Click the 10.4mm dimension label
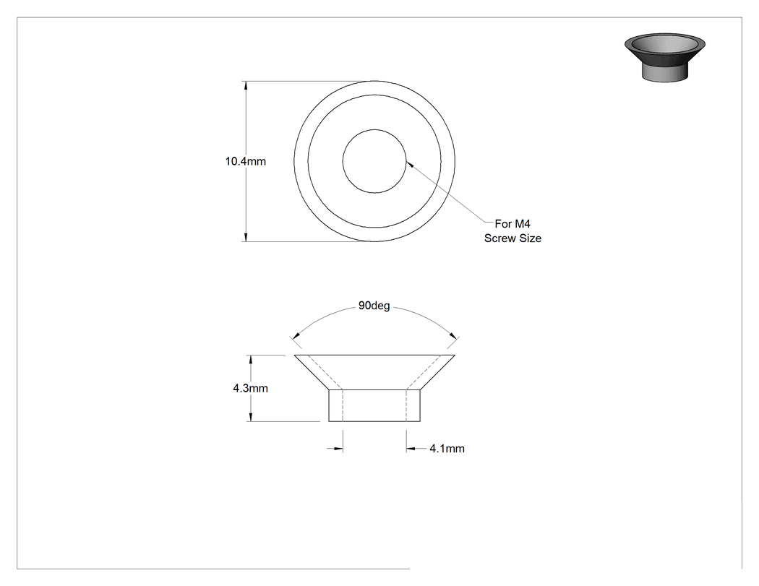(x=246, y=161)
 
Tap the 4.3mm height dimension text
(x=250, y=388)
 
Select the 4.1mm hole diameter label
(x=447, y=449)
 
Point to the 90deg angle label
(x=374, y=306)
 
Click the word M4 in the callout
(x=522, y=223)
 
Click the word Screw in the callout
(x=499, y=238)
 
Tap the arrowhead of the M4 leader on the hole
(x=410, y=164)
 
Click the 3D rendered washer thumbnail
(x=664, y=57)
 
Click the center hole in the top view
(x=374, y=161)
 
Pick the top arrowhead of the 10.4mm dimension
(x=246, y=86)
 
